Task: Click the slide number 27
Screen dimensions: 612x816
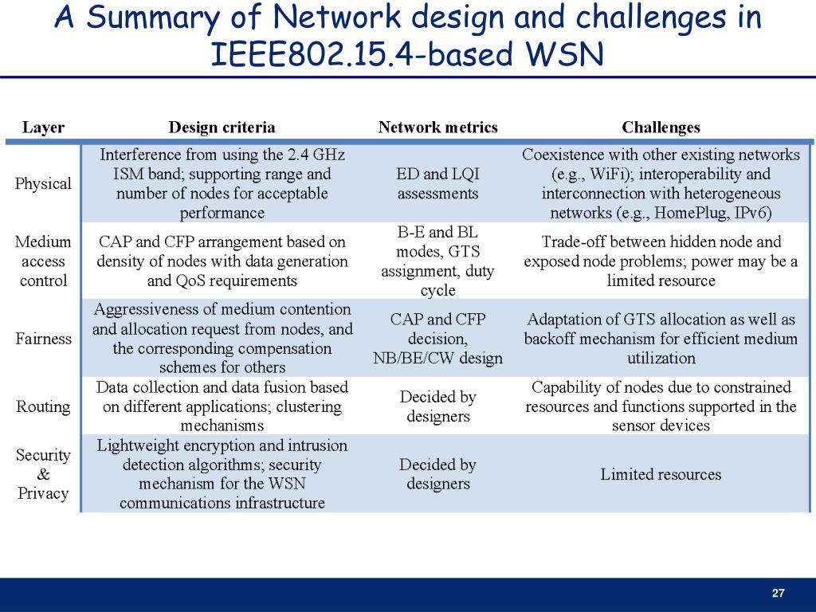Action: [x=779, y=593]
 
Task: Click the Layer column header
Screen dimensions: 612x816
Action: [x=43, y=127]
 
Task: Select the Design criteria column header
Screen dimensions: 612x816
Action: [x=222, y=127]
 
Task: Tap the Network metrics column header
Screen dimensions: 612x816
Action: [x=437, y=127]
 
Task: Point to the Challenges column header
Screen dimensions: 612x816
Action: [x=661, y=127]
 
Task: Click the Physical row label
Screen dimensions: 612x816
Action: [x=43, y=183]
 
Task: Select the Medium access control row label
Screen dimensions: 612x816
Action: [x=43, y=261]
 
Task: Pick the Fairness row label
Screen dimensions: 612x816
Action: [x=43, y=339]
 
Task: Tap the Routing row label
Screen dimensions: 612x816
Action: [x=43, y=406]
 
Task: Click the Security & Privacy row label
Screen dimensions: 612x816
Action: [x=43, y=474]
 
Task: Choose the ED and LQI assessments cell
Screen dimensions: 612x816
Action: [x=437, y=183]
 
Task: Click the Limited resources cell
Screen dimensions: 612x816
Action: [x=661, y=475]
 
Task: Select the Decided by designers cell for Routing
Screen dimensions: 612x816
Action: [x=437, y=406]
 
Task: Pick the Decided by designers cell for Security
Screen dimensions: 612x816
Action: [x=437, y=474]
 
